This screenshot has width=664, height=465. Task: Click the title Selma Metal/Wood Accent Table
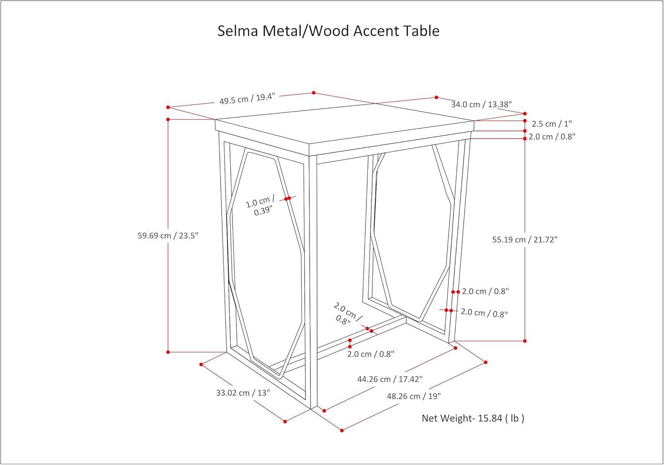[x=328, y=31]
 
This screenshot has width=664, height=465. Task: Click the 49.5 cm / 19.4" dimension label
[x=247, y=98]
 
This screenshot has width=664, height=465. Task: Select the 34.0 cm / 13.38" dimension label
[x=481, y=105]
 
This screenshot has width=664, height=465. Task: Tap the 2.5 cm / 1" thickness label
[x=552, y=124]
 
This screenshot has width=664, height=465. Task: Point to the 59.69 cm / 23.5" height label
[x=168, y=236]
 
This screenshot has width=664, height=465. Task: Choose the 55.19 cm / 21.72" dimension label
[x=525, y=240]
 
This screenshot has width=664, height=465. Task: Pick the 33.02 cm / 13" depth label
[x=243, y=393]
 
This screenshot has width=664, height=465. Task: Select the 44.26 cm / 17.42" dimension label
[x=390, y=379]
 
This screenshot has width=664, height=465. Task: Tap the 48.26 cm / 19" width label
[x=414, y=396]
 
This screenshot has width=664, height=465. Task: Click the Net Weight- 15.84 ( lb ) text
[x=473, y=418]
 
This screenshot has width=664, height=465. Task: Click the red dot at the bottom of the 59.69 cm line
[x=168, y=352]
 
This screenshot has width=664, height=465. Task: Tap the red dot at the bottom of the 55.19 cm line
[x=525, y=341]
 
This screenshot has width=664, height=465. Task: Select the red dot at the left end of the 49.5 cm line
[x=168, y=107]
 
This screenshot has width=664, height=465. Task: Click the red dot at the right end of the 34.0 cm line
[x=525, y=114]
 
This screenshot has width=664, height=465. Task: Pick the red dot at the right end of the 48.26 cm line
[x=486, y=362]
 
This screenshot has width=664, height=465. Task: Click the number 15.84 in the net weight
[x=490, y=418]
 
